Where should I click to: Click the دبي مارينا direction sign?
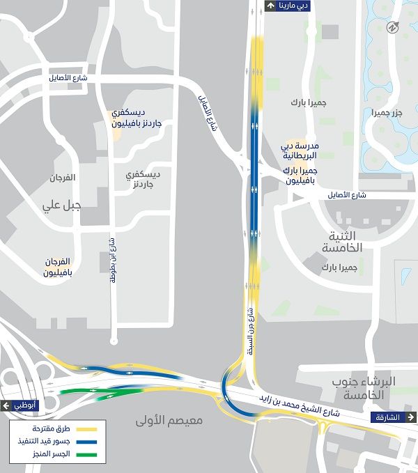coord(287,6)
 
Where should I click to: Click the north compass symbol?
coord(392,27)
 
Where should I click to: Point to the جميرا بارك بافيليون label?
coord(300,175)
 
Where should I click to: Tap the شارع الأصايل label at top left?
coord(68,78)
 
